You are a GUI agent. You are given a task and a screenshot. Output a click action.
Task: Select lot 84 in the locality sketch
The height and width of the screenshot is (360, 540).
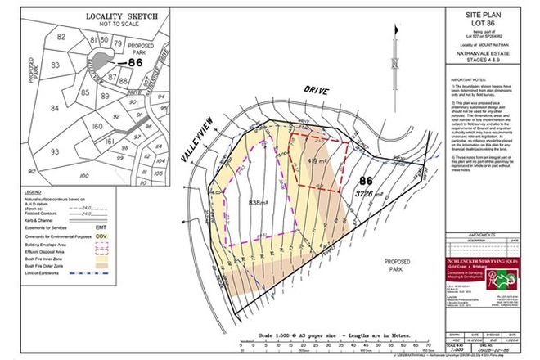[56, 106]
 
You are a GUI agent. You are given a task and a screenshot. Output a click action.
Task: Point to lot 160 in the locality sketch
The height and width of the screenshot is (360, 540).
[96, 127]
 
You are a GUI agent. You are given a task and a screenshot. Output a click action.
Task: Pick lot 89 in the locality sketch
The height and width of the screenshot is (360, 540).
[83, 95]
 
